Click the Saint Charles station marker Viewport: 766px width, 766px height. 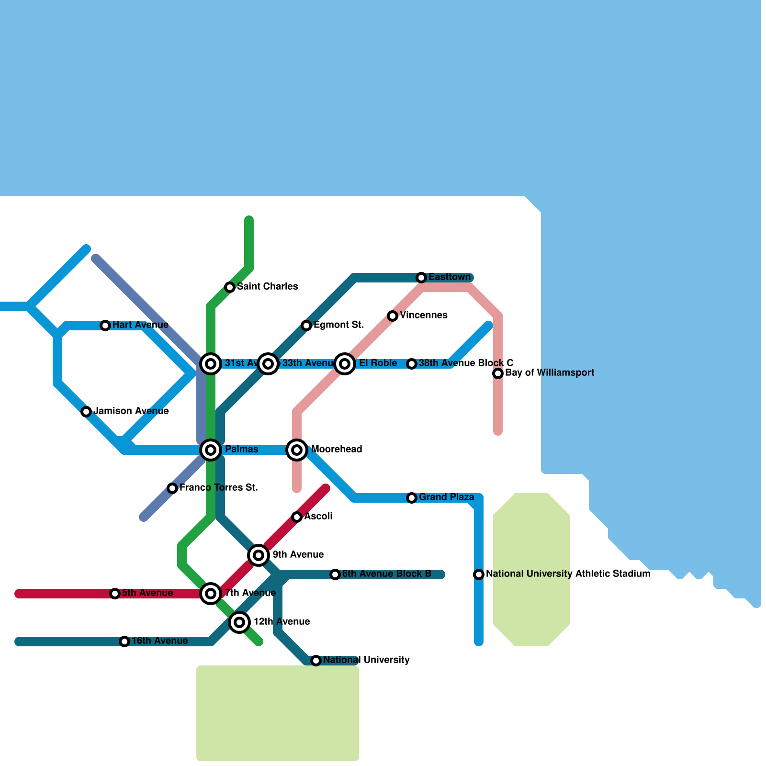[230, 287]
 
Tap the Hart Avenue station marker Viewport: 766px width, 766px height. [105, 326]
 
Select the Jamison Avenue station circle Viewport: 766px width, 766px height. [86, 412]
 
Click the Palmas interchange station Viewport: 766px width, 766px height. [211, 450]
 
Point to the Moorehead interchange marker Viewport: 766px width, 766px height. [297, 450]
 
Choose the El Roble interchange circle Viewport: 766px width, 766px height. [345, 364]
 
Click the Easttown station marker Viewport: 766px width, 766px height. [421, 278]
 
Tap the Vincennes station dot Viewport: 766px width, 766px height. [393, 316]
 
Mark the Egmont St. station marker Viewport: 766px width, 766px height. [306, 326]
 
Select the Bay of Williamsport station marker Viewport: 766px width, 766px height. [498, 373]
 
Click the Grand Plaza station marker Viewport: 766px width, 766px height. [412, 498]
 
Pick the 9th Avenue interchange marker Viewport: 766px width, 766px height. [259, 555]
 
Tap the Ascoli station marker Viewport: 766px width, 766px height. [297, 517]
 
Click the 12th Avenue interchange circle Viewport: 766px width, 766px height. [239, 622]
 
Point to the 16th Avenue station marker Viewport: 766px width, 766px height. [124, 642]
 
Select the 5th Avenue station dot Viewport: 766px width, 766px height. [115, 594]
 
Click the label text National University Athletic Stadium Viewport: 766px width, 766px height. [568, 574]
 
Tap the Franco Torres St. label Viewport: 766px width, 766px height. [219, 487]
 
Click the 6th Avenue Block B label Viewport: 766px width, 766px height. [386, 574]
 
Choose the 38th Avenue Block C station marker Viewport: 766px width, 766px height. [412, 364]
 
